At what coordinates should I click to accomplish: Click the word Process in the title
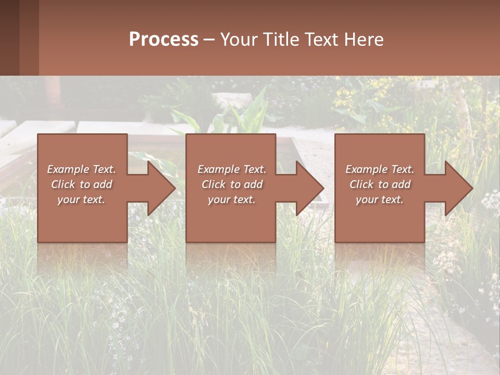tap(164, 40)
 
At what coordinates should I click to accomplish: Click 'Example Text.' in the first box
tap(81, 169)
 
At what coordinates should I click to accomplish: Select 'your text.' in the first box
tap(81, 199)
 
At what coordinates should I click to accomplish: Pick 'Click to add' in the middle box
tap(232, 184)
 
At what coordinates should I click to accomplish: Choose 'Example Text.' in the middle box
tap(232, 169)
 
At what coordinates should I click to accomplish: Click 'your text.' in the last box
tap(380, 199)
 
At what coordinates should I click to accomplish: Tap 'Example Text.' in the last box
tap(380, 169)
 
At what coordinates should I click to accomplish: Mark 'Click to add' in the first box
tap(81, 184)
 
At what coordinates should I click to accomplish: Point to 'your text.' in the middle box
tap(232, 199)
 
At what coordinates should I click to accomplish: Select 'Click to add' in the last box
tap(380, 184)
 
